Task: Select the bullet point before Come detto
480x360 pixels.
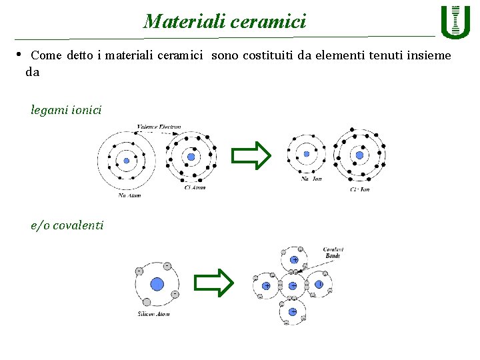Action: (x=19, y=55)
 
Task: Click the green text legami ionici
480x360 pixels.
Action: (x=66, y=109)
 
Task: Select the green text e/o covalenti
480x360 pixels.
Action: (x=67, y=225)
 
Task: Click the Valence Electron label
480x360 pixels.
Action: (x=159, y=127)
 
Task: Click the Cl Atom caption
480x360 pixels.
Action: (x=195, y=187)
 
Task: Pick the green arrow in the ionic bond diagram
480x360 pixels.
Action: (x=251, y=155)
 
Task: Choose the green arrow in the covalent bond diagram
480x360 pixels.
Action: (x=214, y=283)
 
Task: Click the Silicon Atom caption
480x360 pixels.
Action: (x=153, y=314)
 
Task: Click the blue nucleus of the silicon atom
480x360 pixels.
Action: (x=157, y=284)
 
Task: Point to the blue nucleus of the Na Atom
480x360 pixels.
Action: (x=126, y=160)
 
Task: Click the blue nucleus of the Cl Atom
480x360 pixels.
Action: (x=191, y=157)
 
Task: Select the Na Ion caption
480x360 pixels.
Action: (x=311, y=179)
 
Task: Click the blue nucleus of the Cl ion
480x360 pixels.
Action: (x=359, y=155)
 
